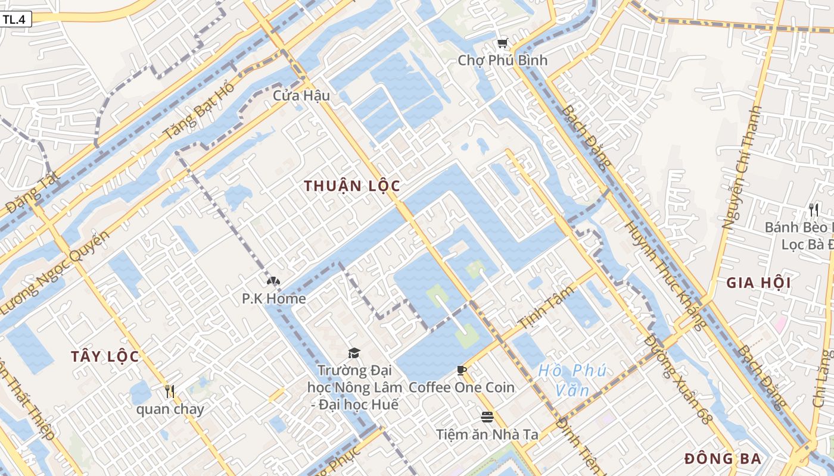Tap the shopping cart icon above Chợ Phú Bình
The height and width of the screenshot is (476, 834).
pyautogui.click(x=502, y=43)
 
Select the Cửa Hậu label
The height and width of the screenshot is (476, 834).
pyautogui.click(x=301, y=95)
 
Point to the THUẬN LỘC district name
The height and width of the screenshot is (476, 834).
pyautogui.click(x=351, y=186)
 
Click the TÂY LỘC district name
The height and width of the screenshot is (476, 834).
pyautogui.click(x=105, y=356)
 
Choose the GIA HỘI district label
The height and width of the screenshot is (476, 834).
pyautogui.click(x=758, y=283)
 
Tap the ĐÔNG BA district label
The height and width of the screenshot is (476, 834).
pyautogui.click(x=723, y=459)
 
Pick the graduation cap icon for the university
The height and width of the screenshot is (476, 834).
pyautogui.click(x=354, y=353)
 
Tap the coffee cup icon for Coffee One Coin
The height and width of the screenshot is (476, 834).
pyautogui.click(x=461, y=371)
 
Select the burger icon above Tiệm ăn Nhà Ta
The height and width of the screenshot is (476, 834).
pyautogui.click(x=487, y=416)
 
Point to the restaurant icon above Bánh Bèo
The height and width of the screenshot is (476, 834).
pyautogui.click(x=814, y=210)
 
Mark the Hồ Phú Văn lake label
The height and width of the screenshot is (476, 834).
pyautogui.click(x=572, y=380)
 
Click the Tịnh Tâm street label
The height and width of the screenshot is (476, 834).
pyautogui.click(x=546, y=308)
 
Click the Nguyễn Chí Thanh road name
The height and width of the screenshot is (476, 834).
pyautogui.click(x=742, y=168)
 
